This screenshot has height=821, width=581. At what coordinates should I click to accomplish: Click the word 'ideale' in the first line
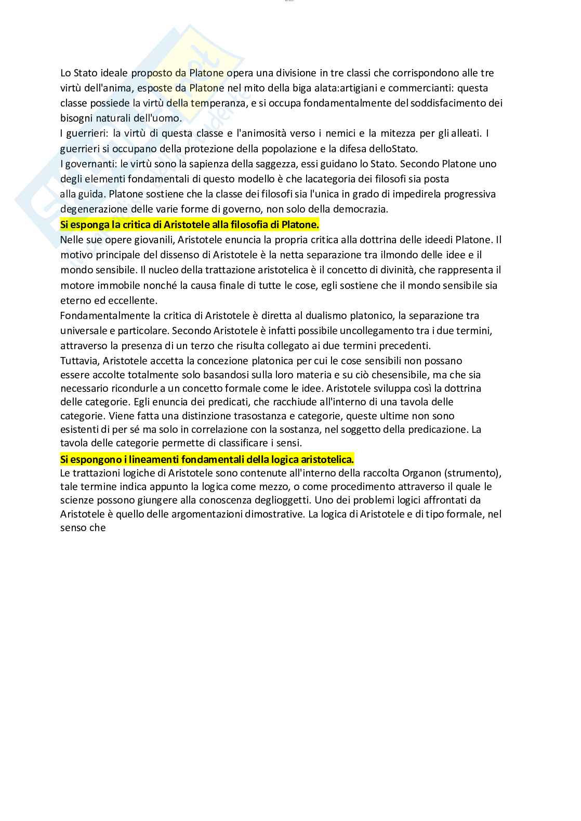pos(113,73)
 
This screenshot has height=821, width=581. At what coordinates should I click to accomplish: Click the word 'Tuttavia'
pos(79,361)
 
